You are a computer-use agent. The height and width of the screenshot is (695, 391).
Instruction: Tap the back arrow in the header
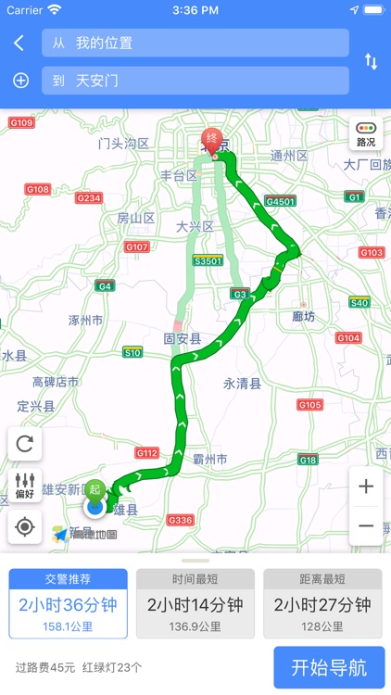pos(19,43)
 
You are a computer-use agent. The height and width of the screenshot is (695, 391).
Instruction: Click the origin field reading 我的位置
pos(195,43)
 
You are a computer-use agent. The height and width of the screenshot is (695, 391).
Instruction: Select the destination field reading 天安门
pos(195,81)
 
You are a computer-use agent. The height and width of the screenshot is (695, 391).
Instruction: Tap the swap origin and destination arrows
pos(371,62)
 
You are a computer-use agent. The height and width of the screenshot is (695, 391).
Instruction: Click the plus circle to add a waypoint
pos(20,81)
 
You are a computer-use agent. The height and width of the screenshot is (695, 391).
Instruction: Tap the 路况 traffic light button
pos(366,135)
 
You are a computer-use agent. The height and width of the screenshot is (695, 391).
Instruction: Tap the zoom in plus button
pos(366,486)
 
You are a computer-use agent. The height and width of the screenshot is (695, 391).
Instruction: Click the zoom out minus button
pos(366,525)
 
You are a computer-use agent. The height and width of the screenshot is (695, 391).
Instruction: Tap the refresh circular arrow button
pos(25,443)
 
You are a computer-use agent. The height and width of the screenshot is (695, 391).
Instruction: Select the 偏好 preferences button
pos(25,485)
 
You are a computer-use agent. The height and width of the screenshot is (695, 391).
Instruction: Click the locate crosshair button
pos(25,526)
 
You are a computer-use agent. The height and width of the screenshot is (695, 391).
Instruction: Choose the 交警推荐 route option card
pos(69,603)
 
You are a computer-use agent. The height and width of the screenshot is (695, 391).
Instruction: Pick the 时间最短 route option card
pos(195,603)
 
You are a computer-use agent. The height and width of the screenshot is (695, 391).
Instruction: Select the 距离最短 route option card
pos(322,603)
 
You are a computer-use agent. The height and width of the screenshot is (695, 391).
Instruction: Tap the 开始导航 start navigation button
pos(329,667)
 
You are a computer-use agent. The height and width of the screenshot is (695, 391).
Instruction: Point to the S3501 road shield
pos(208,260)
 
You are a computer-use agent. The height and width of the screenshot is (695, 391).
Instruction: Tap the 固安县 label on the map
pos(183,338)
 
